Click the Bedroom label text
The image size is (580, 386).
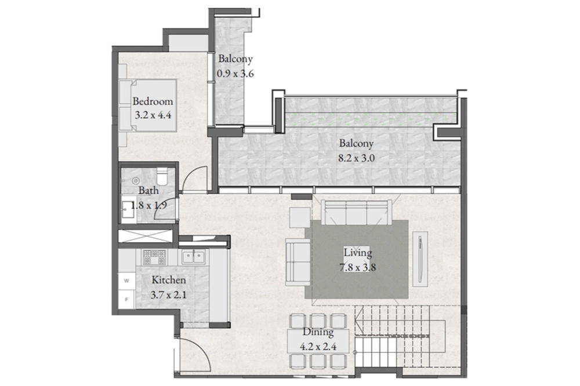(153, 101)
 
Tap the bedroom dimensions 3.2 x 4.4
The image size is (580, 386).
(153, 115)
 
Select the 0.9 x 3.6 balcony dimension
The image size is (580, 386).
(235, 74)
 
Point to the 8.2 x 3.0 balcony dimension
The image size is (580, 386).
(357, 158)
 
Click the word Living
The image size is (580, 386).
(358, 253)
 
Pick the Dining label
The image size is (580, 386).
(318, 332)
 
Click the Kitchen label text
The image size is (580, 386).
(169, 280)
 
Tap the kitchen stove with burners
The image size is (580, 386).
(155, 257)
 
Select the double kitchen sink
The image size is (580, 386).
(193, 257)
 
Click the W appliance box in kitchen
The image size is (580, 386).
(127, 281)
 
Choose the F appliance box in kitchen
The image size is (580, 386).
(127, 300)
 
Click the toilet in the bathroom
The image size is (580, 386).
(162, 176)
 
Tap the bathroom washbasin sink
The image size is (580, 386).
(128, 212)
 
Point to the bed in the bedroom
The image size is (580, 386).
(147, 105)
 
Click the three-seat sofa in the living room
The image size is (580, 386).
(356, 212)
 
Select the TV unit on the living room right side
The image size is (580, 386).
(420, 258)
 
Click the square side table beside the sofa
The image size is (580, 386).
(300, 217)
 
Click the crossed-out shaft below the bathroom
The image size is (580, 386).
(146, 236)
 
